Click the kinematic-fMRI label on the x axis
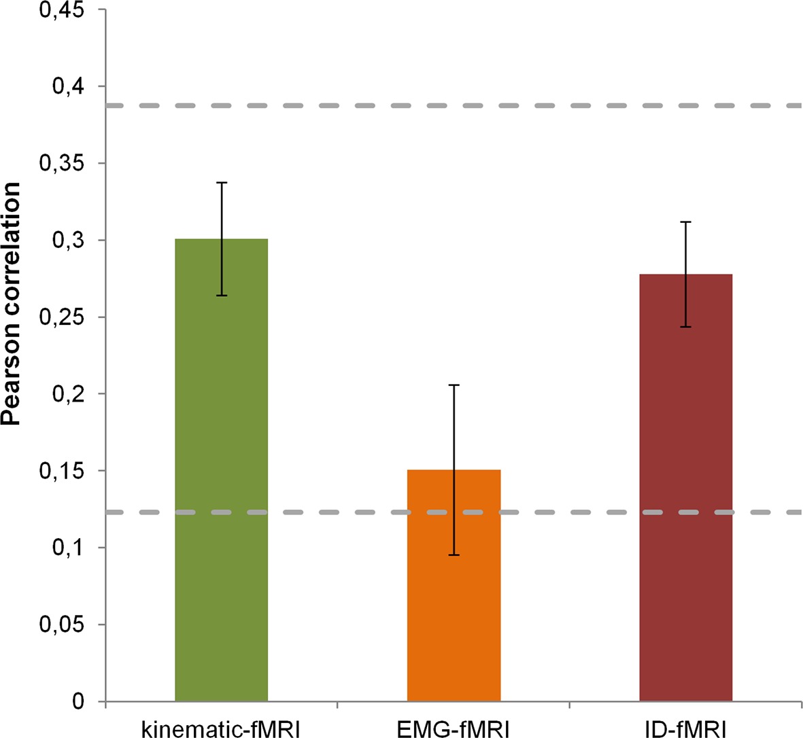(x=221, y=728)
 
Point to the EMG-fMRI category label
(x=454, y=728)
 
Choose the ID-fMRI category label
(x=685, y=728)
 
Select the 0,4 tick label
(x=70, y=86)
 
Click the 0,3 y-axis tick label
(x=70, y=240)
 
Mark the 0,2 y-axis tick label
(x=70, y=393)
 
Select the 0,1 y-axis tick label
(x=70, y=547)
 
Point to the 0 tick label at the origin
(x=80, y=701)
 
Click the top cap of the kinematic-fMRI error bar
(x=222, y=182)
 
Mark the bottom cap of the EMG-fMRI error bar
(x=454, y=555)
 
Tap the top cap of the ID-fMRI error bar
(x=685, y=222)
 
